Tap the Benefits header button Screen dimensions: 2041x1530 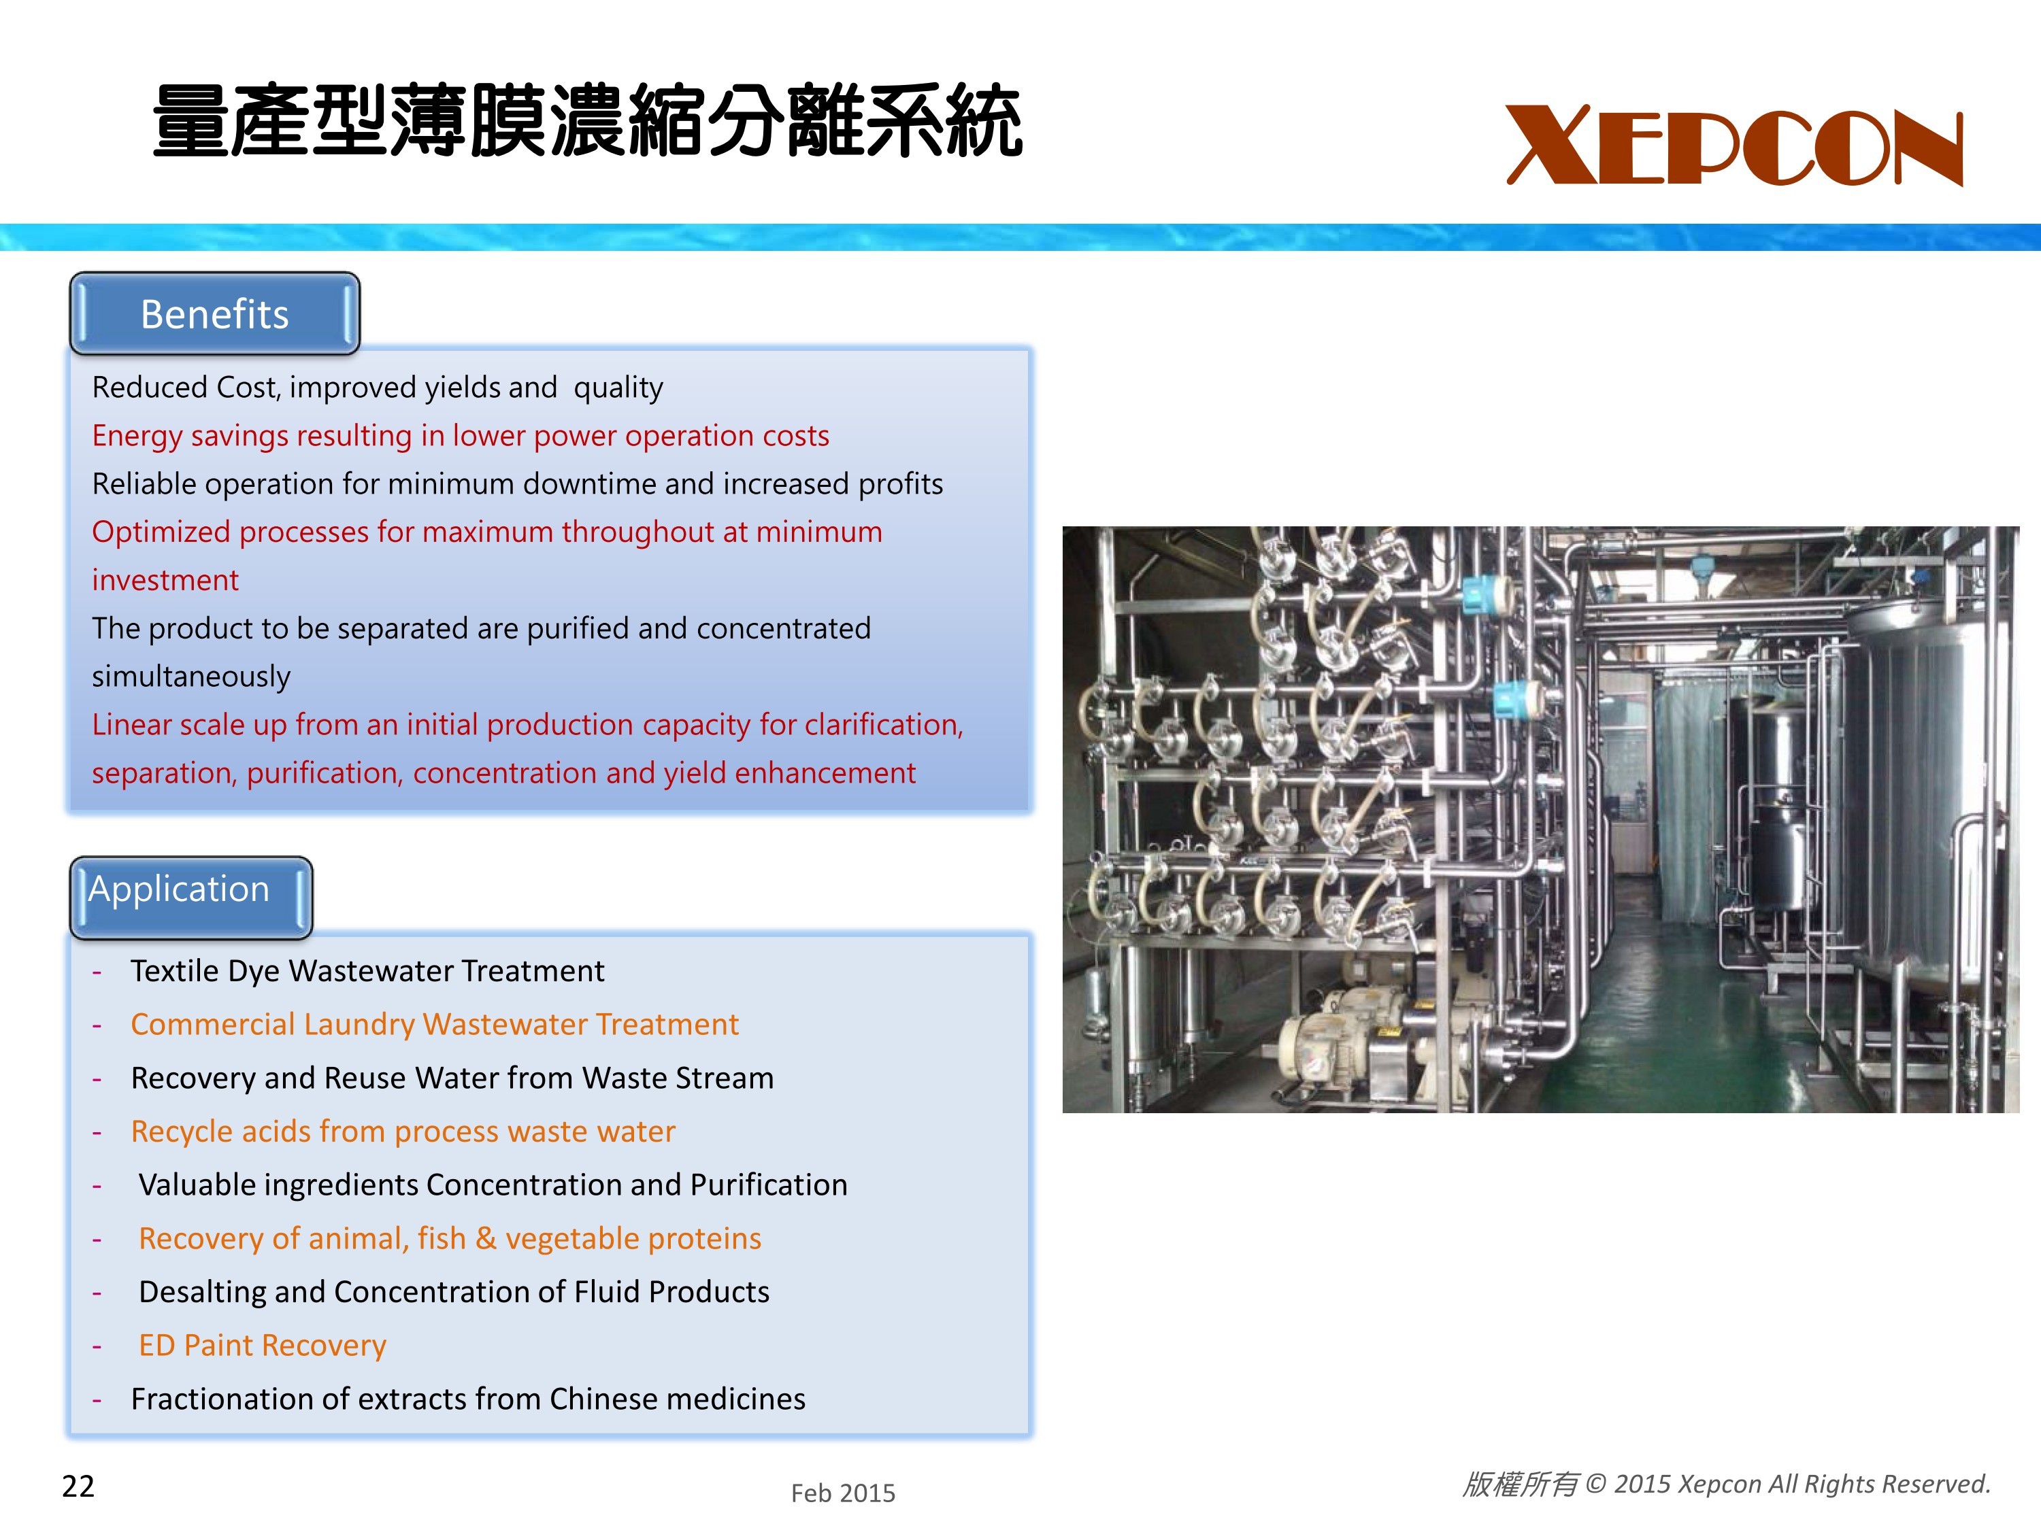point(215,313)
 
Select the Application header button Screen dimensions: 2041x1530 point(191,896)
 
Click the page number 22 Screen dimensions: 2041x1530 point(78,1486)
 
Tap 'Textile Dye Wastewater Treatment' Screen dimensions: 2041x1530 point(367,971)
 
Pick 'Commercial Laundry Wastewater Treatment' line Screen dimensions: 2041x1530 point(435,1025)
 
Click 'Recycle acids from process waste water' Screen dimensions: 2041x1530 point(403,1132)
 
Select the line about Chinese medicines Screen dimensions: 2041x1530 point(469,1399)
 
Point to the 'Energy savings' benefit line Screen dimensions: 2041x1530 point(461,435)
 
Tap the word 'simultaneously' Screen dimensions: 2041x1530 point(191,677)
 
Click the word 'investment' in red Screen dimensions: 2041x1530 point(165,580)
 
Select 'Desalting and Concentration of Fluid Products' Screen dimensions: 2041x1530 point(454,1292)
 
